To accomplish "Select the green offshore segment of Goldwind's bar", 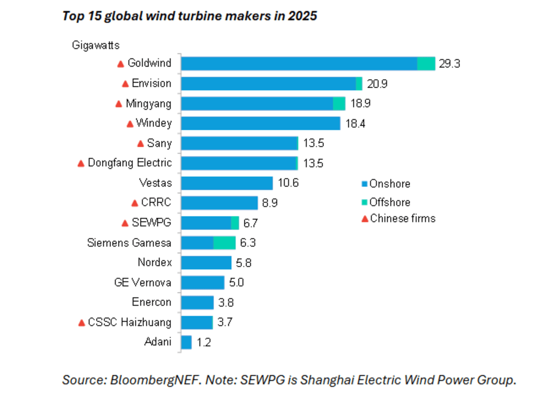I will pos(426,64).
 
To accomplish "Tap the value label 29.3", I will pos(450,64).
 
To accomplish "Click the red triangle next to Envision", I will pos(125,84).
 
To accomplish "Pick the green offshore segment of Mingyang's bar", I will pos(339,104).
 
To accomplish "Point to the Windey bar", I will pos(260,124).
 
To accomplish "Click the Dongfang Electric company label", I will pos(130,163).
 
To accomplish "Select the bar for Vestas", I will pos(227,183).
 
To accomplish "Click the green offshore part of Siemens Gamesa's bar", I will pos(224,243).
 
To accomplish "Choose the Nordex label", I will pos(154,263).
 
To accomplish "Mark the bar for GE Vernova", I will pos(203,283).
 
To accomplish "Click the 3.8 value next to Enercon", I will pos(225,303).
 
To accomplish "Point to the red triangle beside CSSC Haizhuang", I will pos(82,323).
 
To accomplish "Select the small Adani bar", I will pos(186,342).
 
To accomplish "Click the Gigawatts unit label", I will pos(95,45).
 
